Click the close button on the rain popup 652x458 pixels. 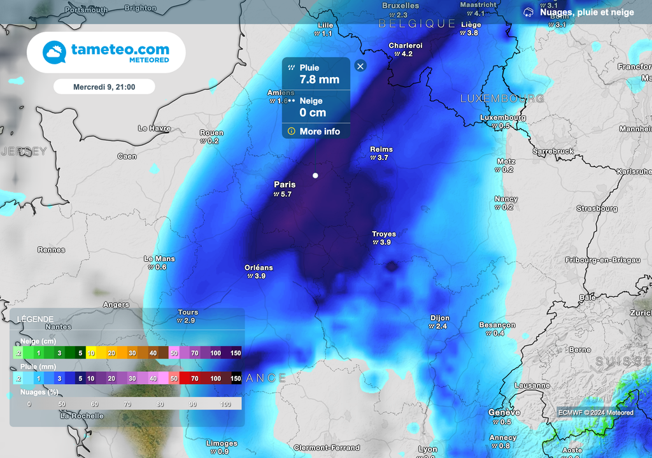pyautogui.click(x=360, y=66)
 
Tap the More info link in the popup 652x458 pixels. pyautogui.click(x=320, y=131)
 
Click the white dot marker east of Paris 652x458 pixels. pyautogui.click(x=315, y=175)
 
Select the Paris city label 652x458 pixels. pyautogui.click(x=285, y=185)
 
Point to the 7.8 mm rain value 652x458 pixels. pyautogui.click(x=320, y=80)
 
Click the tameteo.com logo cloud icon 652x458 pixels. pyautogui.click(x=55, y=52)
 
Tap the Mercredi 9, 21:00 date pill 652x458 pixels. pyautogui.click(x=104, y=87)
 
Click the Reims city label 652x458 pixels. pyautogui.click(x=381, y=150)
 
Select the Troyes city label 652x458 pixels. pyautogui.click(x=384, y=234)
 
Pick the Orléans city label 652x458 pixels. pyautogui.click(x=259, y=268)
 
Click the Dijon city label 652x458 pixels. pyautogui.click(x=439, y=318)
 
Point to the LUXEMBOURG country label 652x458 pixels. pyautogui.click(x=502, y=99)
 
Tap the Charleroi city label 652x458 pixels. pyautogui.click(x=406, y=46)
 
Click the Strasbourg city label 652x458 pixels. pyautogui.click(x=597, y=208)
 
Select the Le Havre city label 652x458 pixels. pyautogui.click(x=154, y=128)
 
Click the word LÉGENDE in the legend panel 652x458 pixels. pyautogui.click(x=35, y=319)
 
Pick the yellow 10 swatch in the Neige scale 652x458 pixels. pyautogui.click(x=91, y=353)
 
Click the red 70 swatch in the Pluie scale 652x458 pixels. pyautogui.click(x=195, y=378)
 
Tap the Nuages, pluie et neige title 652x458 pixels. pyautogui.click(x=586, y=12)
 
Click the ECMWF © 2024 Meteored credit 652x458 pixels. pyautogui.click(x=595, y=413)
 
